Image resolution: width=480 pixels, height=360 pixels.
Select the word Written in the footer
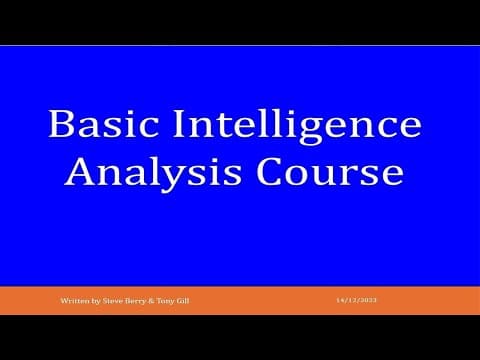[x=70, y=300]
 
